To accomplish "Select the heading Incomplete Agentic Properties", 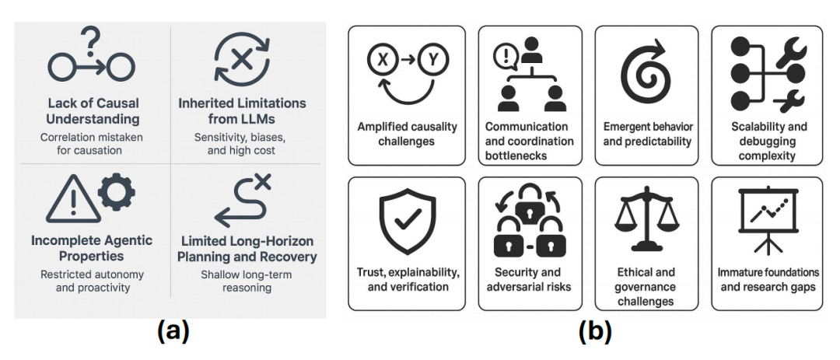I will (x=92, y=248).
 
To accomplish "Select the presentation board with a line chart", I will (x=767, y=222).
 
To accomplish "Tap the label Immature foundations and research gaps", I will (x=767, y=280).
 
